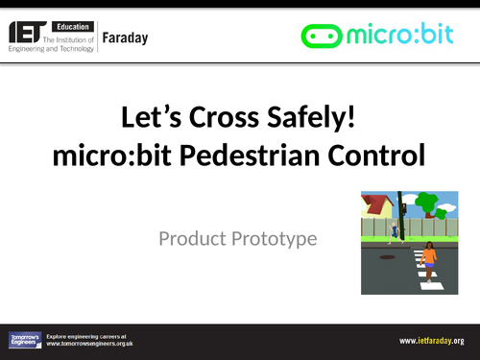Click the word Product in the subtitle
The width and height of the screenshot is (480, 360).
(197, 237)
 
